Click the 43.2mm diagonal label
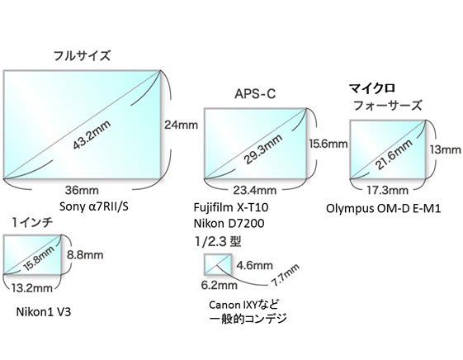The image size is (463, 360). tap(92, 135)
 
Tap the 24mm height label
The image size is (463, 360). tap(181, 125)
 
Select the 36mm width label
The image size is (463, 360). tap(82, 191)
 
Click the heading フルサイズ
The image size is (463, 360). tap(82, 56)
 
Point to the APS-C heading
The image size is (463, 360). tap(255, 94)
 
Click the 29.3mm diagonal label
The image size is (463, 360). tap(262, 149)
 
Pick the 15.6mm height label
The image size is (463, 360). tap(328, 144)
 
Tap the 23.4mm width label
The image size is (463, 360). tap(255, 191)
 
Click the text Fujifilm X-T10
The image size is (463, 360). tap(231, 207)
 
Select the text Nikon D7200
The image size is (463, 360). tap(229, 223)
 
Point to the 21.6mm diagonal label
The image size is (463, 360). tap(394, 154)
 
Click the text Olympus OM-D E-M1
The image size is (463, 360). tap(383, 209)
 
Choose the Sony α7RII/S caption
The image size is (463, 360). tap(94, 206)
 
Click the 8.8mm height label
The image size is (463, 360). tap(85, 255)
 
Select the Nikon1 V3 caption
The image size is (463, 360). tap(44, 312)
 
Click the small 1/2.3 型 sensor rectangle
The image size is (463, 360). tap(218, 264)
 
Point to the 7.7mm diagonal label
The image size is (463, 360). tap(286, 275)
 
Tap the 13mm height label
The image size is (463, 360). tap(445, 149)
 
